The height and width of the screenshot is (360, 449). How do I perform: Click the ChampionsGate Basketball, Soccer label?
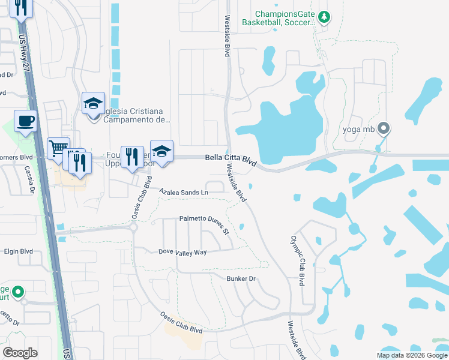pyautogui.click(x=279, y=18)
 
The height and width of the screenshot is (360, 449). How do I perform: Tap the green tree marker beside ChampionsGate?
pyautogui.click(x=324, y=17)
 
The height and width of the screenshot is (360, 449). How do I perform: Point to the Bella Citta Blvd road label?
pyautogui.click(x=231, y=159)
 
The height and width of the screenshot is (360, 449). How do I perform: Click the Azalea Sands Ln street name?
pyautogui.click(x=184, y=191)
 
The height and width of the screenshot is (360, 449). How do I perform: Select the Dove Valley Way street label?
pyautogui.click(x=182, y=253)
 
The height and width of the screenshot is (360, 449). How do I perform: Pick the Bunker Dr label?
pyautogui.click(x=241, y=278)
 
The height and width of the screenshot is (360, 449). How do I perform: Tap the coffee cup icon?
pyautogui.click(x=25, y=121)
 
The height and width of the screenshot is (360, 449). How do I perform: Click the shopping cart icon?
pyautogui.click(x=58, y=148)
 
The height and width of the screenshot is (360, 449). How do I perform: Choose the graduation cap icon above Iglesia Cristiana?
pyautogui.click(x=94, y=103)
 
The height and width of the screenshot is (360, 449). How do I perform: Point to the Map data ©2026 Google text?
pyautogui.click(x=411, y=355)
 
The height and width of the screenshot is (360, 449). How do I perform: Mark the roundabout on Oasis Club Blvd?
pyautogui.click(x=133, y=228)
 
